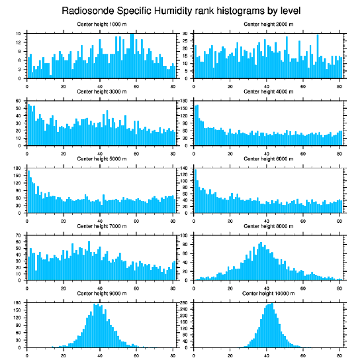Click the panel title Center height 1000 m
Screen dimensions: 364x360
point(101,24)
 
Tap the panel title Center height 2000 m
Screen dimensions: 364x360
point(268,24)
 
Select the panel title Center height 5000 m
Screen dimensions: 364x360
point(101,159)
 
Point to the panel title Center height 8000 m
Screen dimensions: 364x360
point(268,226)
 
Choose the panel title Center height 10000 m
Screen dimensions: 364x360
point(268,293)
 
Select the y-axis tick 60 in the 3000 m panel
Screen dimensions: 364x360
point(19,101)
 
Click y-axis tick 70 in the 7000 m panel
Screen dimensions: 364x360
point(19,236)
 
